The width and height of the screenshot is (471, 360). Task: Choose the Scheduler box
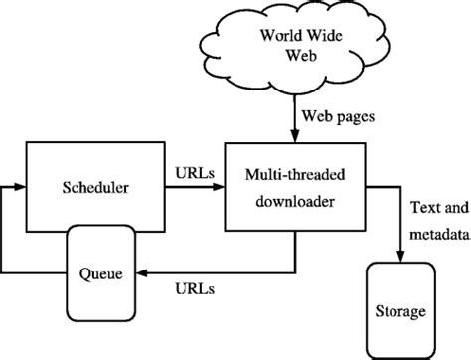90,185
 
